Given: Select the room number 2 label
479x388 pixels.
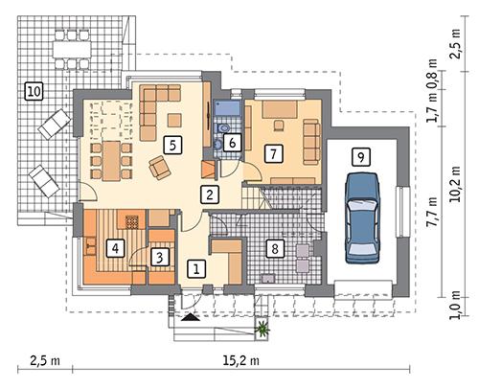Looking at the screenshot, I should click(208, 194).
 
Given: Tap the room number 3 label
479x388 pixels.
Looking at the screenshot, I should click(161, 256).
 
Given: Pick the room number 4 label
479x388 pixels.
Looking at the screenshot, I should click(115, 248).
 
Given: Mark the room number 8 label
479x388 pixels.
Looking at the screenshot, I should click(275, 248).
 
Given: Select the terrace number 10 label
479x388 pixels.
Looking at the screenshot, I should click(34, 91).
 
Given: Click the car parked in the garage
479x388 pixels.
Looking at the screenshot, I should click(362, 215).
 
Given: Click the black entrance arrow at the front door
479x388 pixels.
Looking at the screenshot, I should click(194, 315).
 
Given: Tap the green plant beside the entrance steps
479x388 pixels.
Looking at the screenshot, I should click(262, 331).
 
